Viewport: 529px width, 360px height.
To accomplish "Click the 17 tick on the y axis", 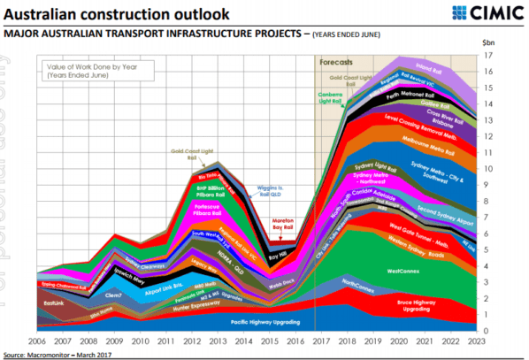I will (x=487, y=55).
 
